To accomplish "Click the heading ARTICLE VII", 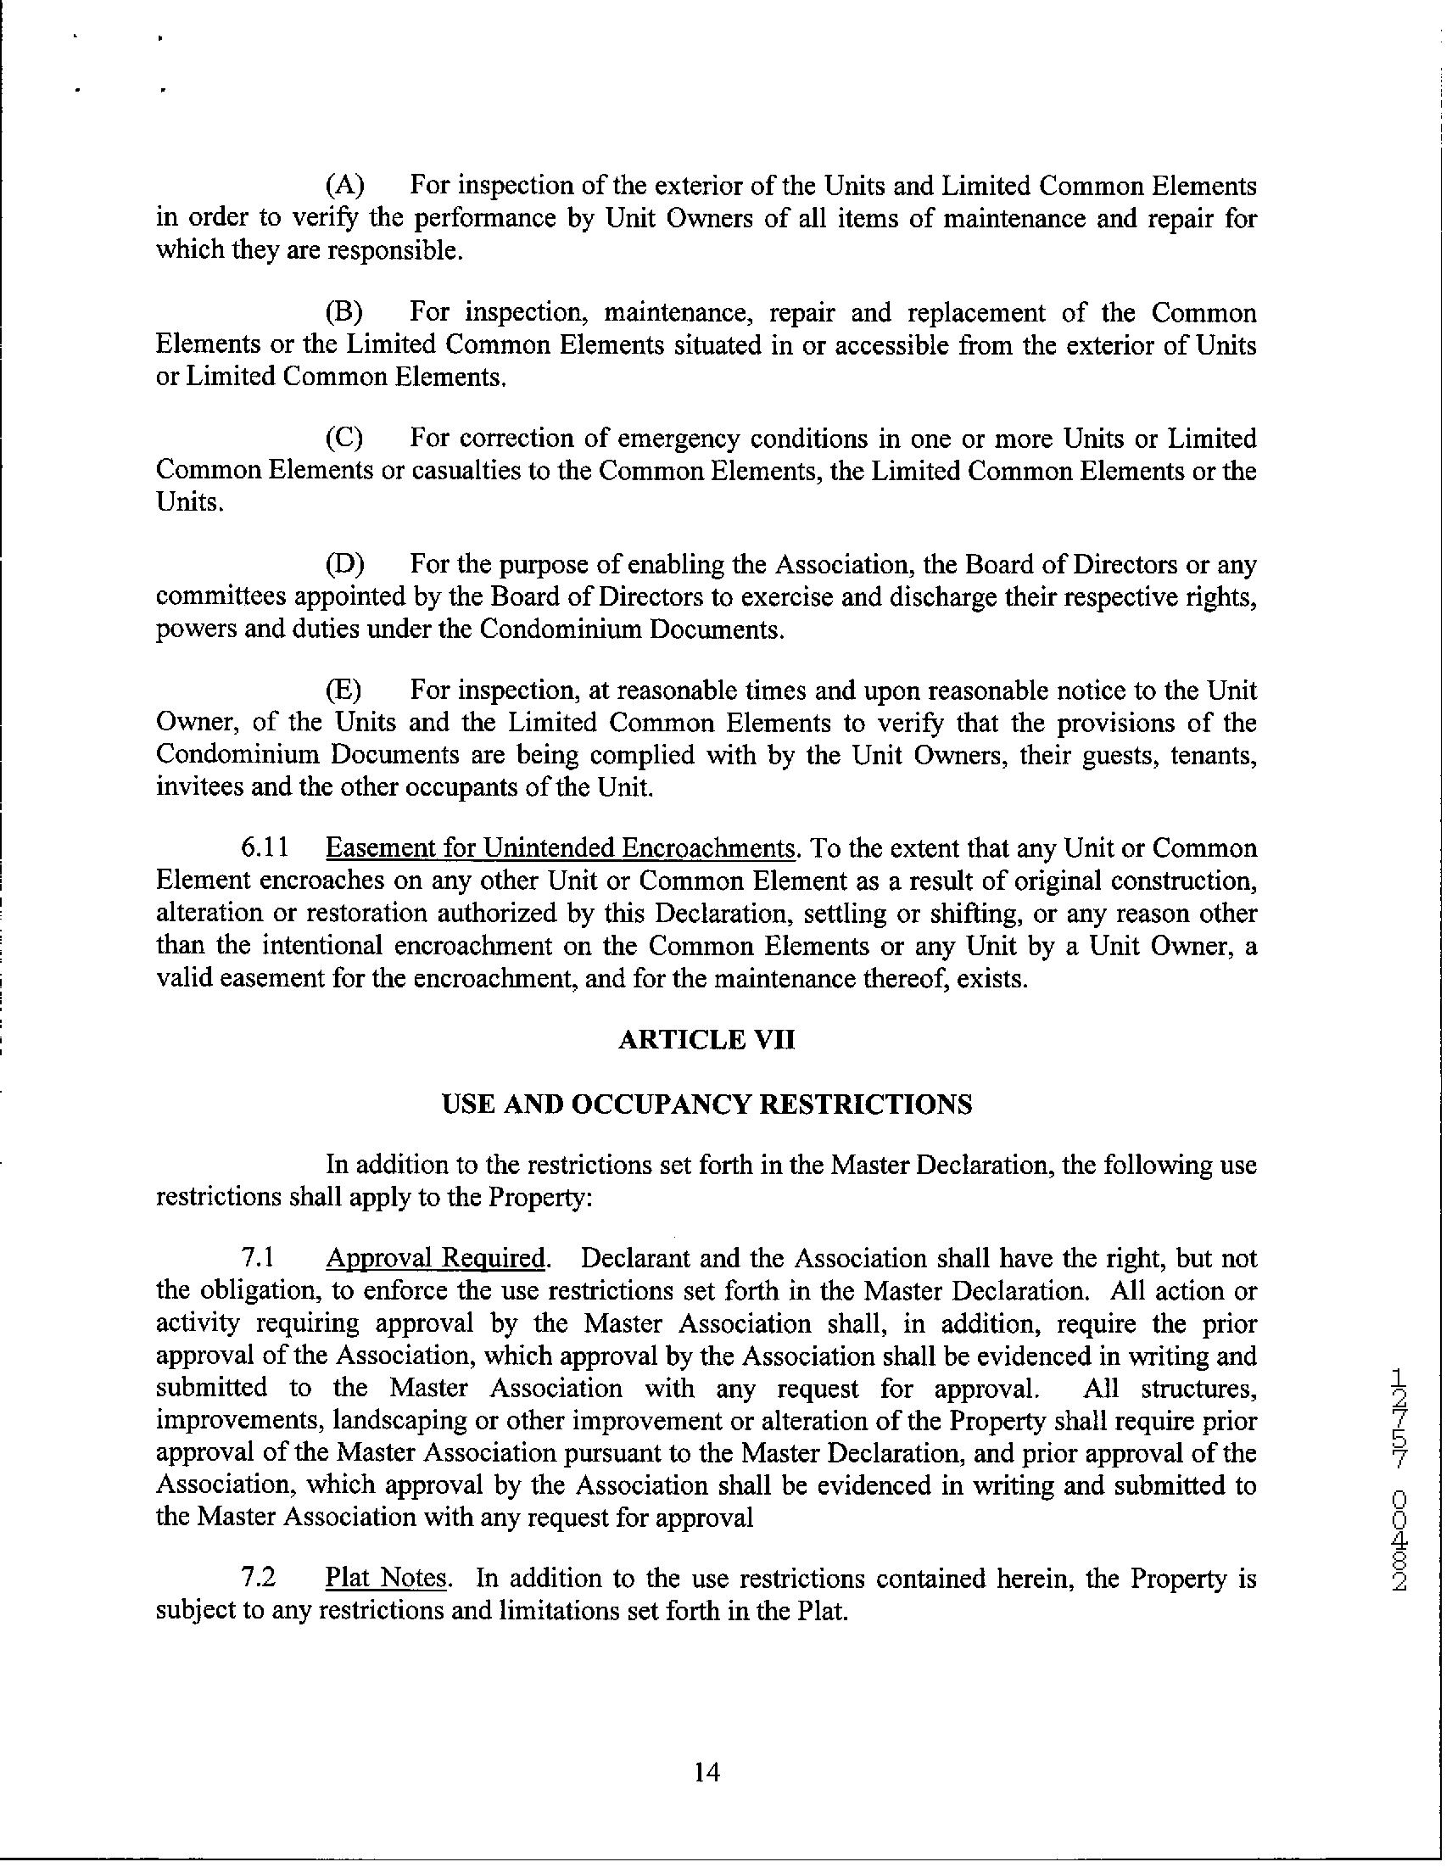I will [x=706, y=1040].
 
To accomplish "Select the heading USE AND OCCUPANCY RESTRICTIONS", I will [x=706, y=1104].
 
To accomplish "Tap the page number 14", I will [x=706, y=1772].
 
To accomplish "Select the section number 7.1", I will [x=257, y=1259].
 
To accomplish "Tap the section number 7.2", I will [x=257, y=1578].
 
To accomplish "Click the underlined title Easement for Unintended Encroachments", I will [x=561, y=848].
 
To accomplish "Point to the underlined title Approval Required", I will [x=436, y=1259].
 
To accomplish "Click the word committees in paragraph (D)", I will [x=217, y=597].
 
